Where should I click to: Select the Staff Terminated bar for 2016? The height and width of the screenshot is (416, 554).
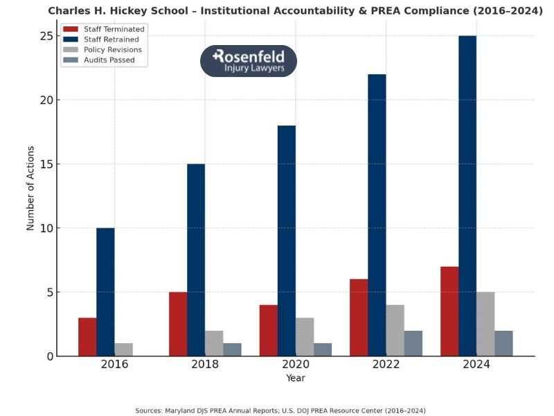tap(87, 337)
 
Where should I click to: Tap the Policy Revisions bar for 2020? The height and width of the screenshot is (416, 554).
tap(305, 337)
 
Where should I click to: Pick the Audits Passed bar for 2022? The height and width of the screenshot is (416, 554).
tap(413, 343)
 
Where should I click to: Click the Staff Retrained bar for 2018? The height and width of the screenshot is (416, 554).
tap(196, 260)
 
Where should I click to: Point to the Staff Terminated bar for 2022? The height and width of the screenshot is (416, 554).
tap(359, 318)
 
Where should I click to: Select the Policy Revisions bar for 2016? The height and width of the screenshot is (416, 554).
tap(123, 349)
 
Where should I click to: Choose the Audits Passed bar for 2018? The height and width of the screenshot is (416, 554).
tap(232, 349)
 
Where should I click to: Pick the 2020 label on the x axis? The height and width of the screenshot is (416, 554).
tap(296, 365)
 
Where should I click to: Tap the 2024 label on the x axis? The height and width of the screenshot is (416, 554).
tap(476, 365)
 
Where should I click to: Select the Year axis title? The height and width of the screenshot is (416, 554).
tap(296, 379)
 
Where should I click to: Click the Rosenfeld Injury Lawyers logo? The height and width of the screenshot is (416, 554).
tap(249, 61)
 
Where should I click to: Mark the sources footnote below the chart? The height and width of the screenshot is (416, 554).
tap(280, 410)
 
